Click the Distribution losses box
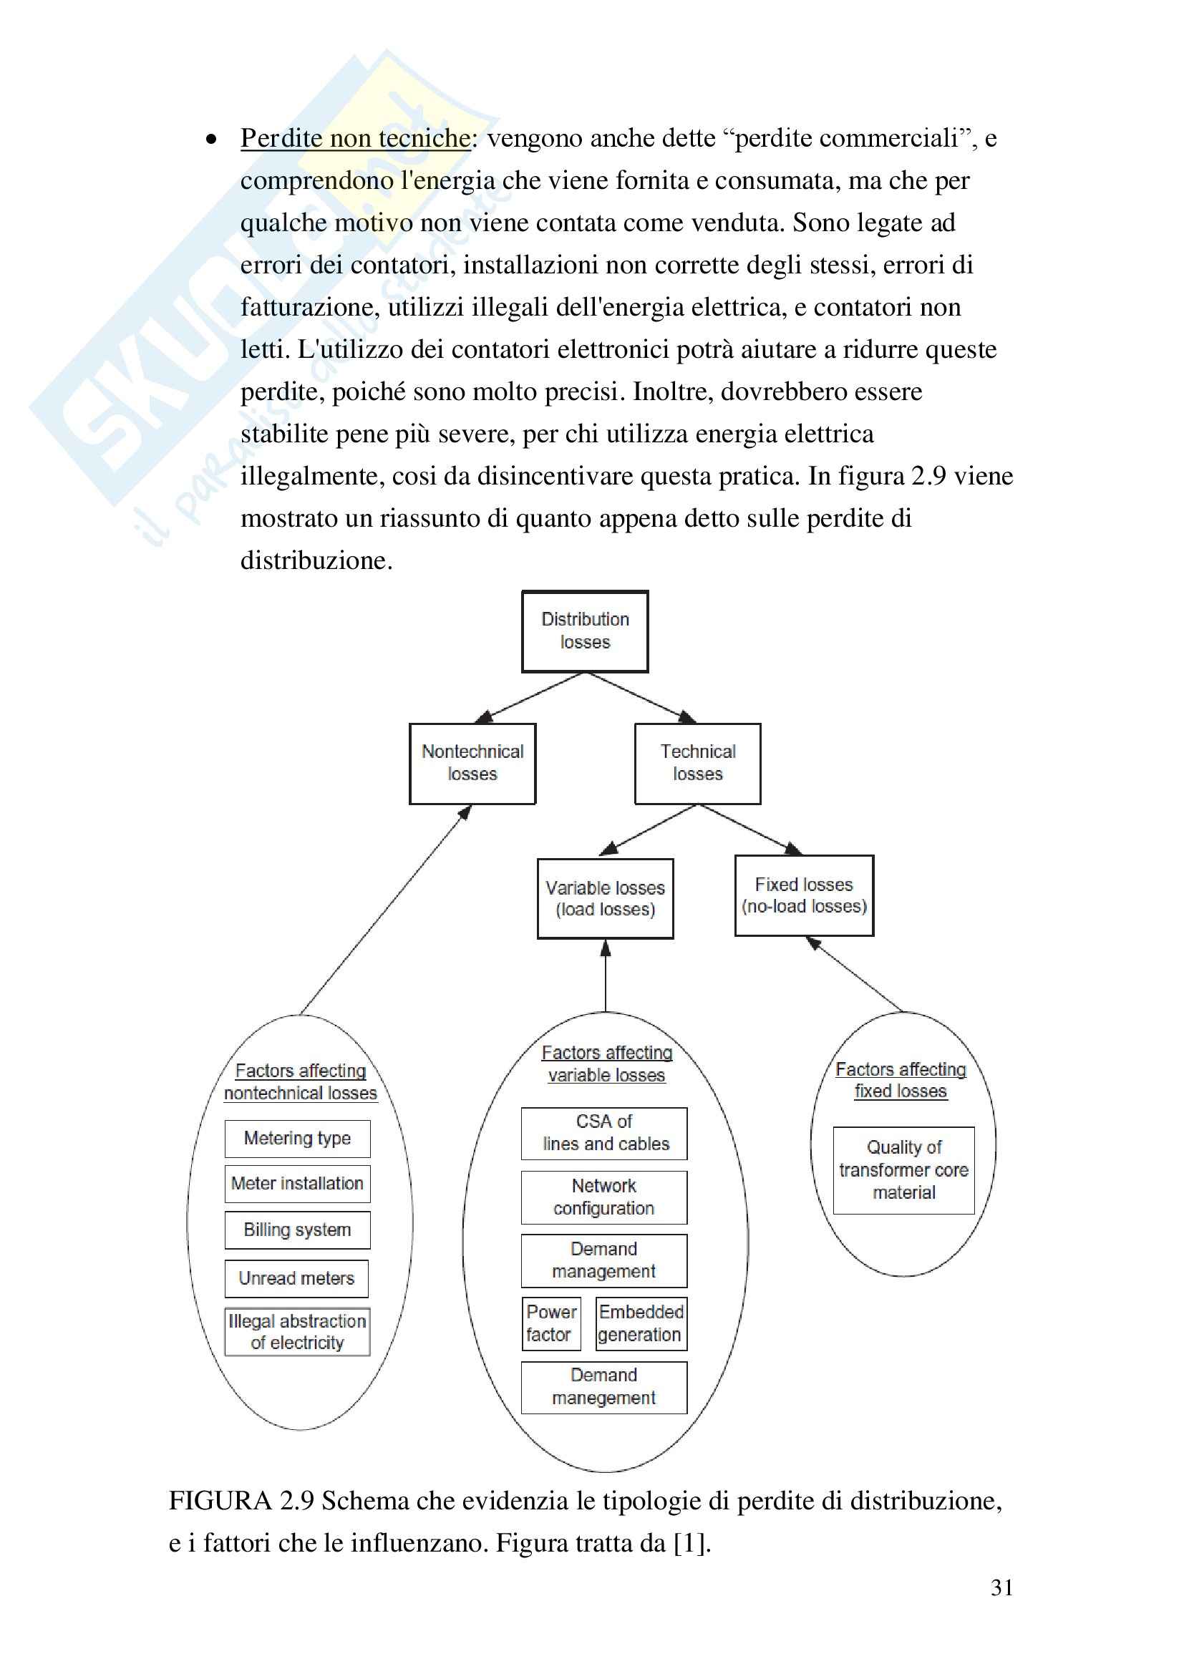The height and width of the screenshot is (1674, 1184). point(585,631)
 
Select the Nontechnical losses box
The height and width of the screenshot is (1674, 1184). point(472,763)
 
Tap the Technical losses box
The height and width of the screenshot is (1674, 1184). point(698,763)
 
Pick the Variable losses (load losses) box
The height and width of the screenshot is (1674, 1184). point(605,898)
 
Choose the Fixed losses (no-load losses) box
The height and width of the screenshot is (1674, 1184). point(804,895)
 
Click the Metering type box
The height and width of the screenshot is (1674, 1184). point(298,1139)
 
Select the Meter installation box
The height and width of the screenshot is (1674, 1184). point(298,1184)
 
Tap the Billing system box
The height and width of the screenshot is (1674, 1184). point(298,1230)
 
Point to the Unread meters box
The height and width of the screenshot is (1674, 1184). point(297,1278)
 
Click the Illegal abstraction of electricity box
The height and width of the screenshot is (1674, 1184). point(298,1332)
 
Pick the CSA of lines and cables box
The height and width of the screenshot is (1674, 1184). point(604,1133)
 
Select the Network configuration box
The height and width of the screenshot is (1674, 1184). point(604,1197)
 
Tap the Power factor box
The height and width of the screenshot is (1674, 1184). point(551,1323)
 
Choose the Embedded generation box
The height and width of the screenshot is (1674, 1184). point(641,1323)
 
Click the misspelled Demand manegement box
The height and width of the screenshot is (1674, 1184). point(604,1387)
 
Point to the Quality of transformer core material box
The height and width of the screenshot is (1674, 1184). point(904,1170)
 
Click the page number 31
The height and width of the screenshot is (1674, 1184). point(1001,1588)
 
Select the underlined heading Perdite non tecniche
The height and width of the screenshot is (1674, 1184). point(356,138)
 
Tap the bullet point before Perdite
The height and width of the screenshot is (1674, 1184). point(211,139)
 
